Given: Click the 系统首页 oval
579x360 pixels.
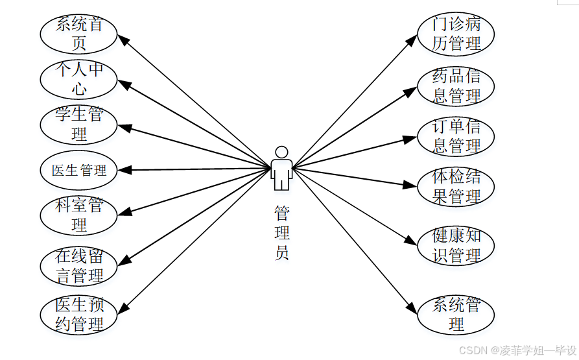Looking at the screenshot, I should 79,34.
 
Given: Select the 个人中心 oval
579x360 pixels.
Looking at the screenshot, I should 79,80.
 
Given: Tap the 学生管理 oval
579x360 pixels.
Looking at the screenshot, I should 79,125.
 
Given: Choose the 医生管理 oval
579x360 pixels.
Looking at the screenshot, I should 79,171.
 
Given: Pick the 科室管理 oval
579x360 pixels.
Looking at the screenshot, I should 79,215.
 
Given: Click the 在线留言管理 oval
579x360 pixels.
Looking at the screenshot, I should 79,265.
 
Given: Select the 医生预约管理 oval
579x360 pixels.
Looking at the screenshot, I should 79,315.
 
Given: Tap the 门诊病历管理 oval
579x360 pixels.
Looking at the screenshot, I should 456,34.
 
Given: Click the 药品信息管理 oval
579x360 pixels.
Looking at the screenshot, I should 456,86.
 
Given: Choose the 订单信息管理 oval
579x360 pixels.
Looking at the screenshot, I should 456,136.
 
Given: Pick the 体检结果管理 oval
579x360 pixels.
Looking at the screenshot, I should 456,187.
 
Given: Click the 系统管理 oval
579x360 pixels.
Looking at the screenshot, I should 456,315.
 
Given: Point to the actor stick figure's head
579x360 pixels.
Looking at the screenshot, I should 281,152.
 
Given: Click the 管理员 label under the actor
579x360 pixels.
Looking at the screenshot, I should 281,233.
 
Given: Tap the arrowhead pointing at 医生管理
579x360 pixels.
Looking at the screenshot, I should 124,170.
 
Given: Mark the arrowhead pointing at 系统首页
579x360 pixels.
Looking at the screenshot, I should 123,38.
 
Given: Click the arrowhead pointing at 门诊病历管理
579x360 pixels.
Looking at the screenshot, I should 412,39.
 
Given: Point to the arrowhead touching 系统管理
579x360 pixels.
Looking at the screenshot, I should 412,310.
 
